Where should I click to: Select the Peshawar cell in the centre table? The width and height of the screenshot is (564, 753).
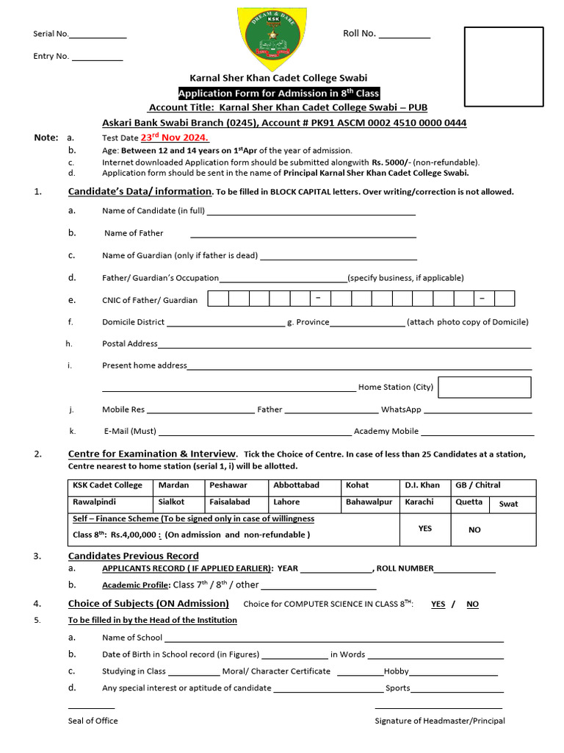point(228,485)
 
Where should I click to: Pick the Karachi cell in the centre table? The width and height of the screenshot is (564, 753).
point(419,502)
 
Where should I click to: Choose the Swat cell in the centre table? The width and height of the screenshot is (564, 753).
point(508,504)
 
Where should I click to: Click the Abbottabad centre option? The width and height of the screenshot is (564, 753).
point(297,485)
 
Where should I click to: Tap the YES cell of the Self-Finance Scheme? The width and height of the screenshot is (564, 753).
point(425,529)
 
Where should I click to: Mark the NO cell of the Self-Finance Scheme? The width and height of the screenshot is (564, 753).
point(474,529)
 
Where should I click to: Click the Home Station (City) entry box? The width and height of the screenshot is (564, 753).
point(484,387)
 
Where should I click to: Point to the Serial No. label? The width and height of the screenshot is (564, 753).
point(51,34)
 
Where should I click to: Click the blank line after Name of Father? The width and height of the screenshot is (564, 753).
point(303,234)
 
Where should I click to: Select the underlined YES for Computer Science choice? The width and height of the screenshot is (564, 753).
point(438,604)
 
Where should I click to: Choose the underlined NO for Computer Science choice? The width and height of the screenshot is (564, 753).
point(472,604)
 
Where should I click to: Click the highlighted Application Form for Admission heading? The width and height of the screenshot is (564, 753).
point(279,93)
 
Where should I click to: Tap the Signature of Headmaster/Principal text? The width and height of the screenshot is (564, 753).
point(440,721)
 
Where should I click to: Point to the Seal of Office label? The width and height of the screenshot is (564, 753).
point(93,721)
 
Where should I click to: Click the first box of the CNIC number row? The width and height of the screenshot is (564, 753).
point(218,299)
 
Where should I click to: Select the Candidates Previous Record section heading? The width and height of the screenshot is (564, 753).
point(133,556)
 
